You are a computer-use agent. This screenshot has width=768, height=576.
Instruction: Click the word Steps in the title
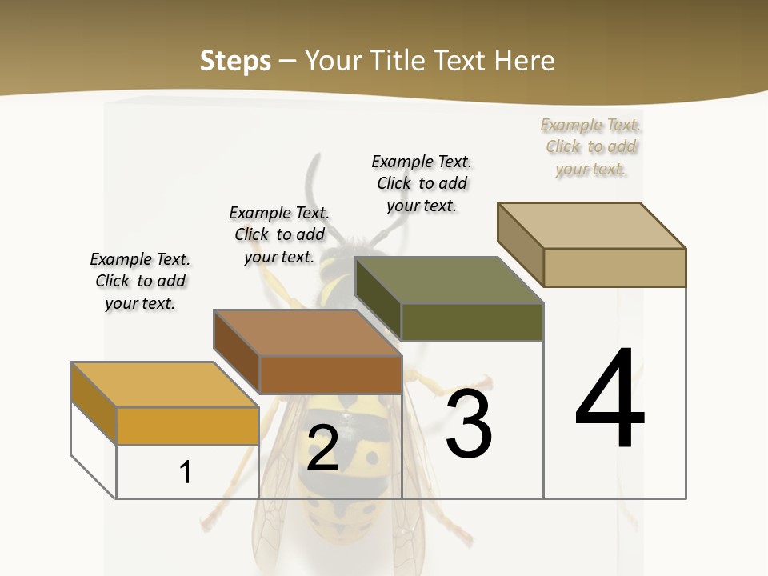point(235,61)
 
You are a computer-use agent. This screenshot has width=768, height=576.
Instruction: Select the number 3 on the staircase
point(469,424)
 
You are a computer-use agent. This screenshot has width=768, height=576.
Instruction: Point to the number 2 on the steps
point(322,449)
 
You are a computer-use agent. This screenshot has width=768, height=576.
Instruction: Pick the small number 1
point(186,472)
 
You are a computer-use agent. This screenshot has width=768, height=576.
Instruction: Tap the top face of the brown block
point(307,333)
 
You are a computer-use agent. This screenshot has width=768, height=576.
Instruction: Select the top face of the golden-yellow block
point(165,385)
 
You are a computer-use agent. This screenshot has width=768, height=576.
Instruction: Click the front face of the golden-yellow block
point(187,426)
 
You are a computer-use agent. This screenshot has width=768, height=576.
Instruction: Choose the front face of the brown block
point(330,374)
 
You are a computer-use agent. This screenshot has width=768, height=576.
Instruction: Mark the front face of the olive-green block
point(472,322)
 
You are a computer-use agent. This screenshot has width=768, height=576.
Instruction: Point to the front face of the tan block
point(614,267)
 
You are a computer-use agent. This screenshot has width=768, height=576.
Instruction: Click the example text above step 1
point(140,281)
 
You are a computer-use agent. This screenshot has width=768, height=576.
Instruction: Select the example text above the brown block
point(279,234)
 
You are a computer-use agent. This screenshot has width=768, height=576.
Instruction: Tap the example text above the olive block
point(422,183)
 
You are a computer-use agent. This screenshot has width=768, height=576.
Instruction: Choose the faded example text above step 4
point(591,146)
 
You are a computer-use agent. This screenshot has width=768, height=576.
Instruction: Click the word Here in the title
point(526,61)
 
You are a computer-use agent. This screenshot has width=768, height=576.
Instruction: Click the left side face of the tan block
point(520,244)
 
